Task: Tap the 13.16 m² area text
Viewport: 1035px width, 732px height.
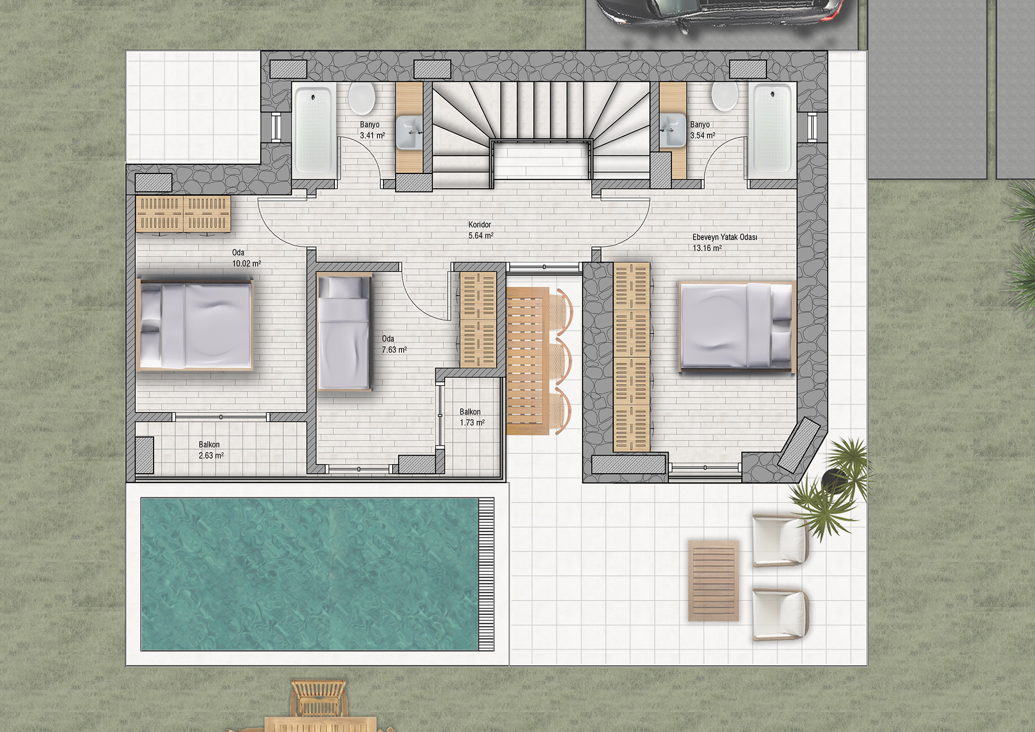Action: click(x=707, y=248)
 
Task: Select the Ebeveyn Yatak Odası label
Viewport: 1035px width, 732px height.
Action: click(x=724, y=237)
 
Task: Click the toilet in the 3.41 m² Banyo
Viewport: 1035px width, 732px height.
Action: click(x=361, y=98)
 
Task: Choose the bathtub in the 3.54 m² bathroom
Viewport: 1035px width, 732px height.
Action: click(x=772, y=128)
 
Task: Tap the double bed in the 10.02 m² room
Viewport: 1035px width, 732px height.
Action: click(x=196, y=325)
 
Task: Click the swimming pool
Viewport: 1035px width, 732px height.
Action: click(x=318, y=574)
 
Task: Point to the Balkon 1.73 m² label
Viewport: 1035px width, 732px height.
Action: click(x=472, y=417)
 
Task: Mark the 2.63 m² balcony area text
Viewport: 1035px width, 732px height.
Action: click(x=211, y=456)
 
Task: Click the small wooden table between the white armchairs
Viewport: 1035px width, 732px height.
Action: click(x=713, y=580)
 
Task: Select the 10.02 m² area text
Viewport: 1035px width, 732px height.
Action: click(x=246, y=263)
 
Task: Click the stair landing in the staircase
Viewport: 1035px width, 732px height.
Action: click(x=541, y=161)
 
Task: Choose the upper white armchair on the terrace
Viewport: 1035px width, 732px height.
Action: click(x=780, y=540)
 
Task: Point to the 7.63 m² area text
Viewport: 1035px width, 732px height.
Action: click(x=394, y=350)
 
